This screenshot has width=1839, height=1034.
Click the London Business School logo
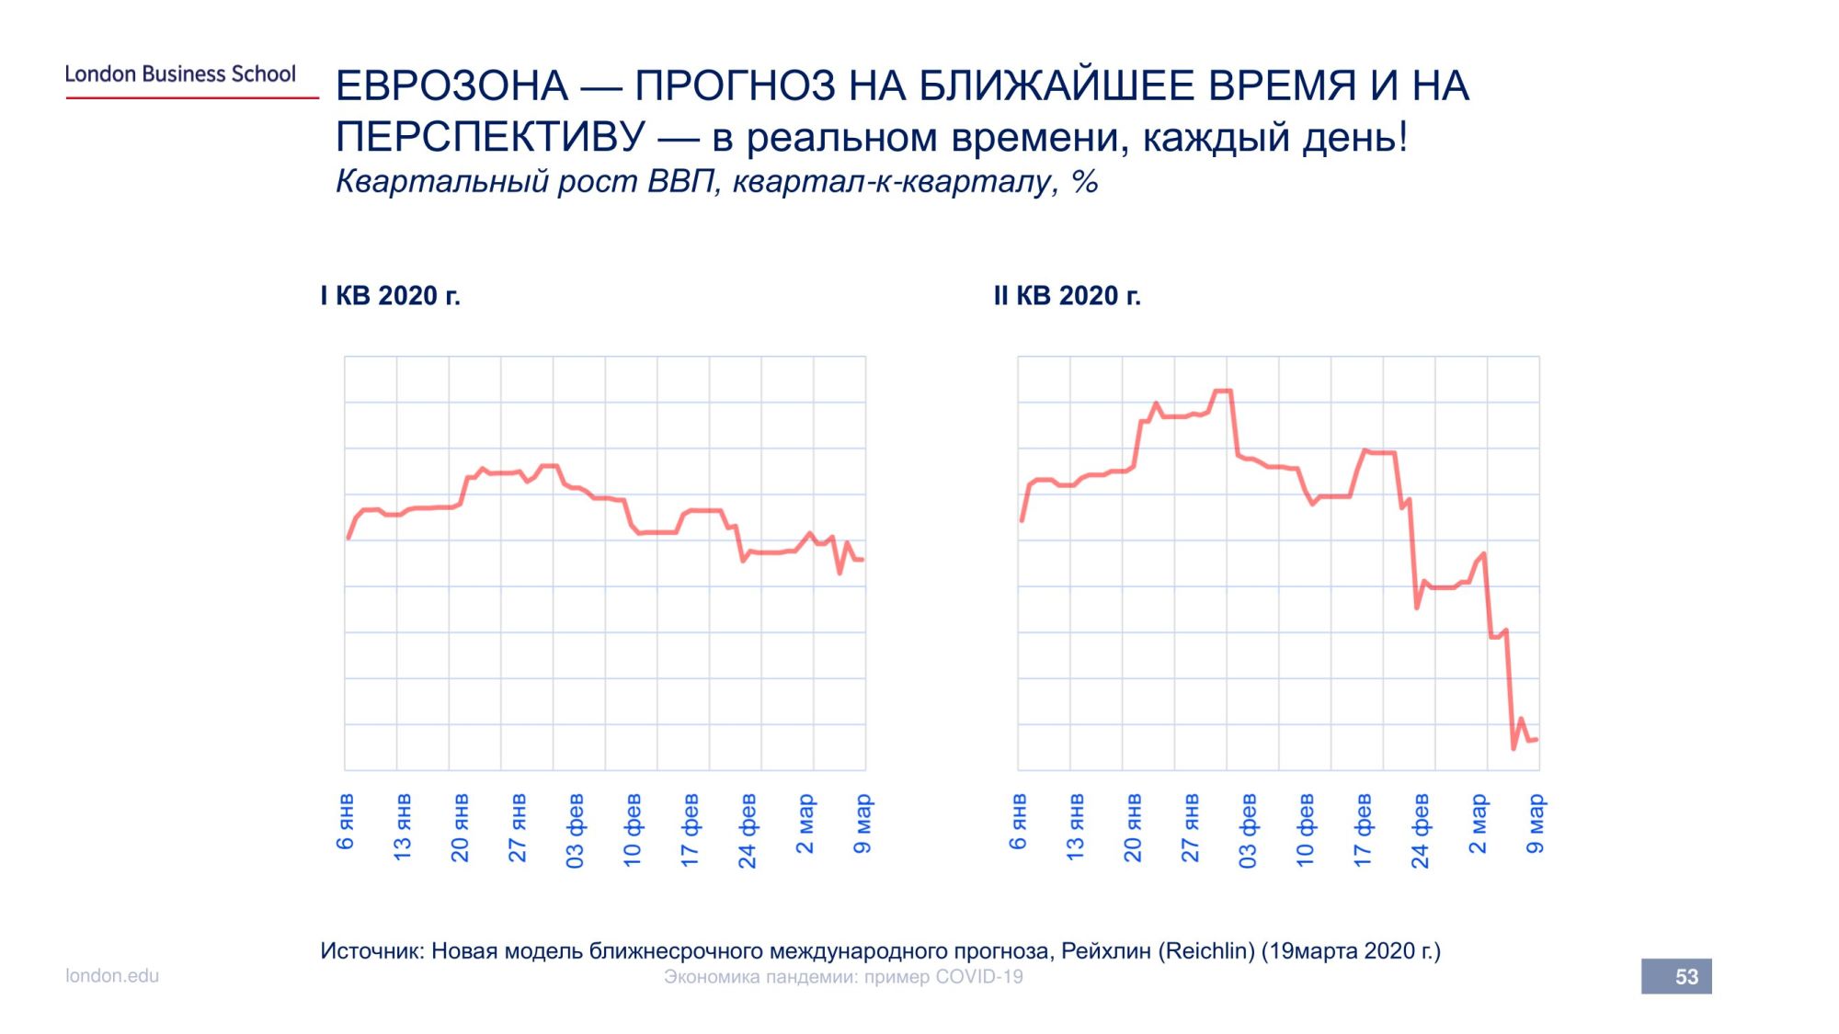(x=180, y=74)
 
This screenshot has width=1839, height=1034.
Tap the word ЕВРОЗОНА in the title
(x=451, y=86)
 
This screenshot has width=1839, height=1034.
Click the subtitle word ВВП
(x=680, y=182)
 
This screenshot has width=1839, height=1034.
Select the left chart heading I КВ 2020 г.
(x=390, y=296)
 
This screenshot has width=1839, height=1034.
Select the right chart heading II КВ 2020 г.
(x=1067, y=296)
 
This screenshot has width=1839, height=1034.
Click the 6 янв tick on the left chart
(x=346, y=822)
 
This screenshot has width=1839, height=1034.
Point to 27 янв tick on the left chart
(x=518, y=828)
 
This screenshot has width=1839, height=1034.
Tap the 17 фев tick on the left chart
(x=691, y=830)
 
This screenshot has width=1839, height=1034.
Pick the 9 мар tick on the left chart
(x=862, y=824)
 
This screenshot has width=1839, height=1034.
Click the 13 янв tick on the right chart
(x=1076, y=827)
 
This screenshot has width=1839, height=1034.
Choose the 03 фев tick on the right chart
(x=1248, y=831)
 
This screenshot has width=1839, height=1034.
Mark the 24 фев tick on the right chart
(x=1421, y=831)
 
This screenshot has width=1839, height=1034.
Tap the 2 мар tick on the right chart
(x=1478, y=824)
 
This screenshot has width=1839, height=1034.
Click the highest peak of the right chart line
(x=1223, y=391)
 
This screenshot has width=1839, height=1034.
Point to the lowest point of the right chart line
(x=1513, y=748)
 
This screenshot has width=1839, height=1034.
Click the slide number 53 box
(x=1676, y=976)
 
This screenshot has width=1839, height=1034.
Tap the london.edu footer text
(x=112, y=976)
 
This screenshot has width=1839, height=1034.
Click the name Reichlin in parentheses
(x=1205, y=951)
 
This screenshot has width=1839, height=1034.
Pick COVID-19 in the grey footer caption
(x=978, y=977)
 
